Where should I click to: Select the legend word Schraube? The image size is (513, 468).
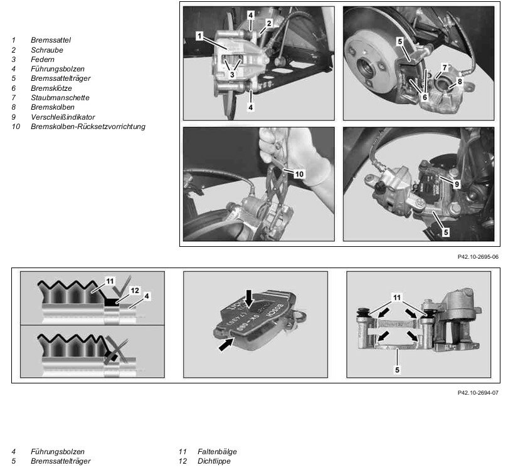pyautogui.click(x=46, y=49)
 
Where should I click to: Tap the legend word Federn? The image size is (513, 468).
pyautogui.click(x=43, y=59)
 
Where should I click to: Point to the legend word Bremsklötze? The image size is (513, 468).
pyautogui.click(x=51, y=88)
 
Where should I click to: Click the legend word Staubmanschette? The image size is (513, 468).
pyautogui.click(x=60, y=98)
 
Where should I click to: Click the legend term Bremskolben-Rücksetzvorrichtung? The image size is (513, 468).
pyautogui.click(x=88, y=127)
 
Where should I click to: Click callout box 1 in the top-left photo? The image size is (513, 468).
pyautogui.click(x=198, y=36)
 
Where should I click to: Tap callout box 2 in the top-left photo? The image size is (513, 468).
pyautogui.click(x=268, y=23)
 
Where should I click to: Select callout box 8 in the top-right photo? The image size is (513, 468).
pyautogui.click(x=460, y=81)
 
